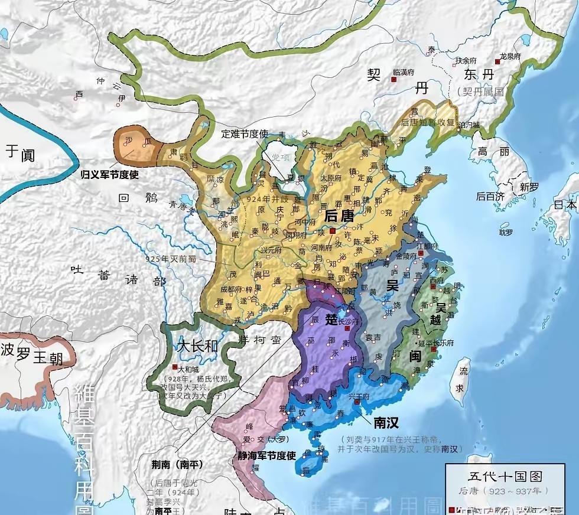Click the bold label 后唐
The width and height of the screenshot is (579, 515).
pyautogui.click(x=339, y=216)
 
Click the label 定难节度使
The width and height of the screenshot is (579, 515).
pyautogui.click(x=245, y=133)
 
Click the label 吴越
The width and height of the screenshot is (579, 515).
pyautogui.click(x=445, y=314)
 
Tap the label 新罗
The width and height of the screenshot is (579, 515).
pyautogui.click(x=529, y=187)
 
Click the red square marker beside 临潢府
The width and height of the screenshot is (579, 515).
pyautogui.click(x=393, y=78)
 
